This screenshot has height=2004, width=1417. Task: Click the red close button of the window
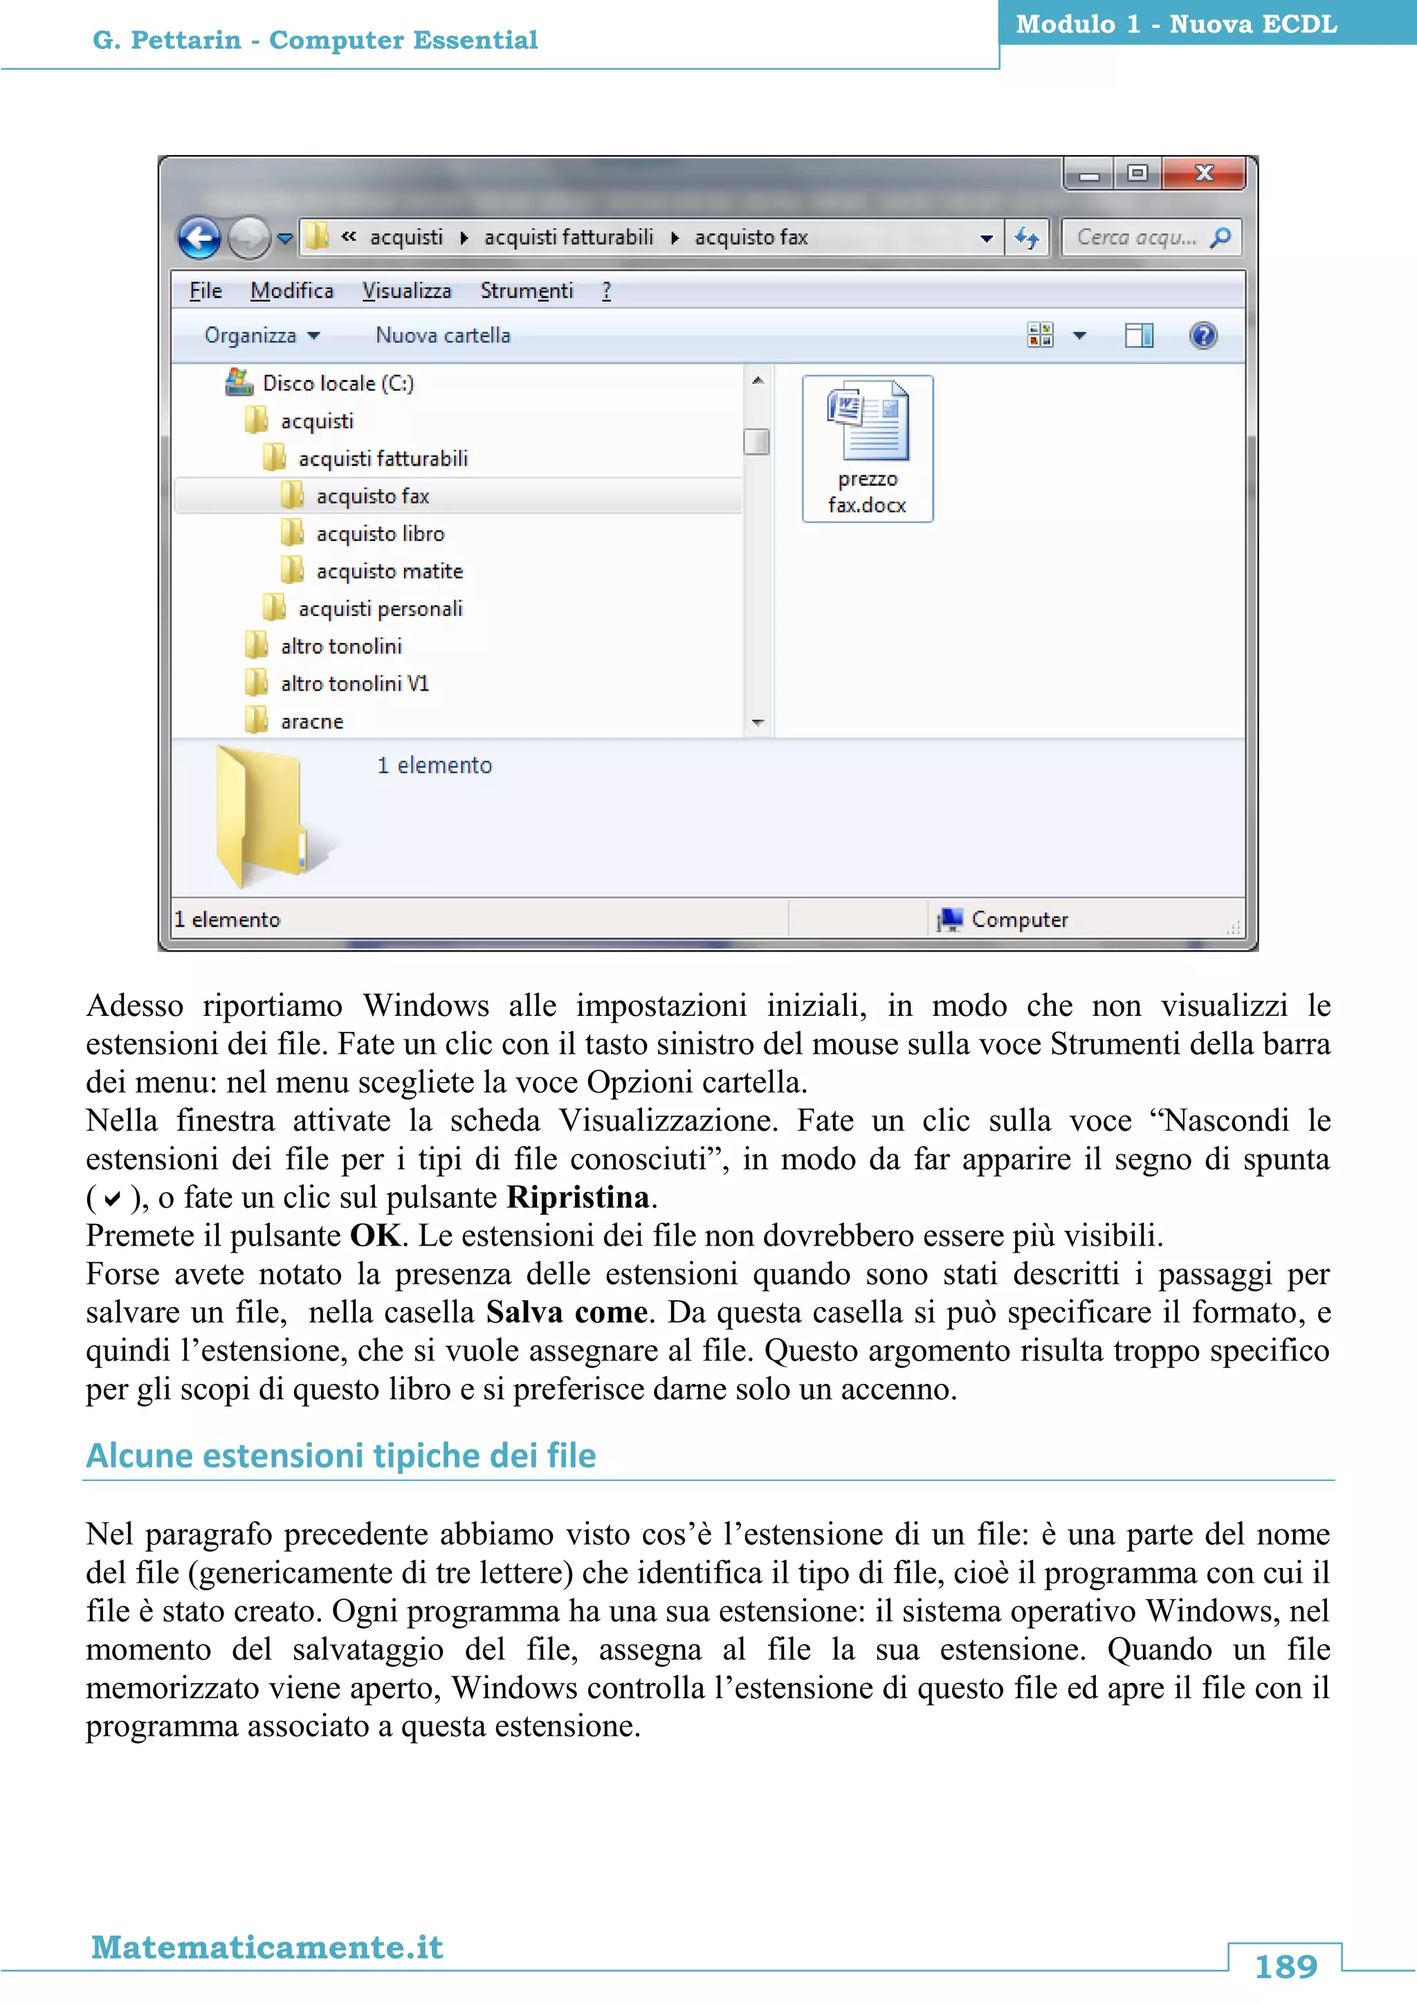pos(1203,173)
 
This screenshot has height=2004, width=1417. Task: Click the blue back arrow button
pos(200,237)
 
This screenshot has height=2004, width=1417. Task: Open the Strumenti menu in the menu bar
pos(526,291)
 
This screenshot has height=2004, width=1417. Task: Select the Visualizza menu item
pos(407,291)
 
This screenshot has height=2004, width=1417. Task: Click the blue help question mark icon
pos(1203,335)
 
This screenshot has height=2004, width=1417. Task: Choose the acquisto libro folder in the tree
pos(380,534)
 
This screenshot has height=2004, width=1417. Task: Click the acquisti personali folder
pos(380,608)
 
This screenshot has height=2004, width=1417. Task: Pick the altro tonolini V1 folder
pos(354,684)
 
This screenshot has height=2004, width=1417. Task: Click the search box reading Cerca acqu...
pos(1136,237)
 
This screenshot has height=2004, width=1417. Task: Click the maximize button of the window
pos(1137,173)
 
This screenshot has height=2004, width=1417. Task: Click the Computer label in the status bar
pos(1018,919)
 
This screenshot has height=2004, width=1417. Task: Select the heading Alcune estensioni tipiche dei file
pos(341,1456)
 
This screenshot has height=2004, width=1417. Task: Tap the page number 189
pos(1286,1967)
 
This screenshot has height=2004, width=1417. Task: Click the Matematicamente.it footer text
pos(267,1947)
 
